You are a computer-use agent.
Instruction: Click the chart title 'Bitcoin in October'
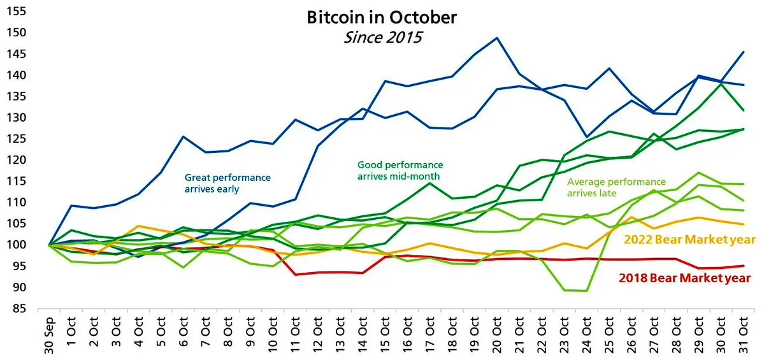pos(382,17)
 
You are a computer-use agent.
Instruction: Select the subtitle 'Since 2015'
pos(382,37)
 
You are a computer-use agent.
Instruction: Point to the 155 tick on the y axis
pos(18,11)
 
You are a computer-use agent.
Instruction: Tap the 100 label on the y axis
pos(18,245)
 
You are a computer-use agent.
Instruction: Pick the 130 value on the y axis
pos(18,118)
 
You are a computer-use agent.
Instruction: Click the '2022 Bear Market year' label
pos(689,240)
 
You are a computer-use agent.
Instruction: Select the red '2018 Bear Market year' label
pos(684,278)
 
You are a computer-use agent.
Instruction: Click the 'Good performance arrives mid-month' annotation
pos(400,170)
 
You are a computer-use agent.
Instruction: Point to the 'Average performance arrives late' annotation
pos(616,187)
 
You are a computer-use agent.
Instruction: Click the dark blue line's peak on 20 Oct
pos(496,38)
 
